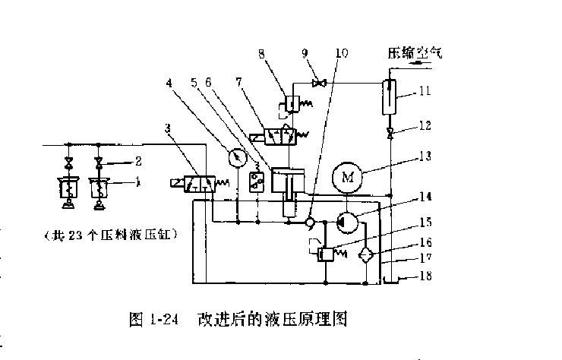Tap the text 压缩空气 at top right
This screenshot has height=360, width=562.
(x=414, y=54)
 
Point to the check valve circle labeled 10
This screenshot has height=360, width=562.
(x=308, y=223)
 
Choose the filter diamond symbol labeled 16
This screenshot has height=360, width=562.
(x=368, y=254)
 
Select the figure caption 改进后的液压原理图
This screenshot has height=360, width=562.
(x=272, y=318)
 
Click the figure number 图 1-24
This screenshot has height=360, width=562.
(x=158, y=319)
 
